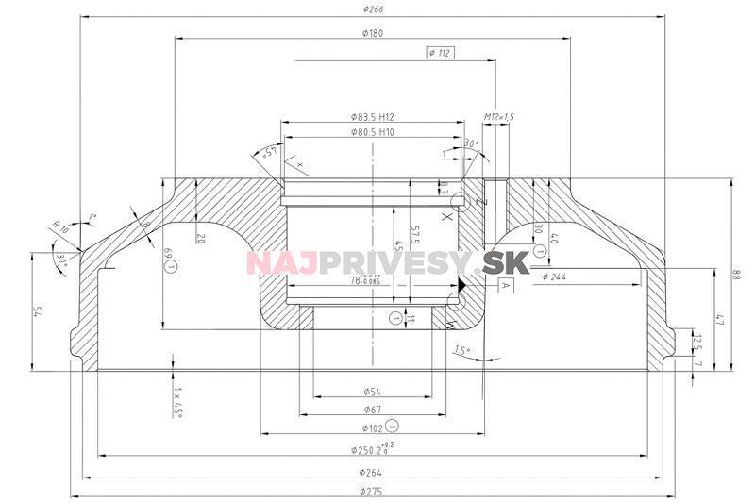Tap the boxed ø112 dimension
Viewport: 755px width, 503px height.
440,53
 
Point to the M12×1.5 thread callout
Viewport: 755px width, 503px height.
499,116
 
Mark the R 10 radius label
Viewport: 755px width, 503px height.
60,227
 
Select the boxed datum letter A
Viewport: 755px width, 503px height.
505,284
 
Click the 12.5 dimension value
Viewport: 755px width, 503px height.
697,339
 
